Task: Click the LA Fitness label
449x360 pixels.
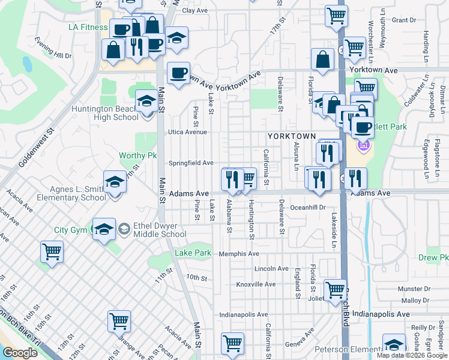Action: [x=87, y=27]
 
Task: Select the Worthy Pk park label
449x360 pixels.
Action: [x=137, y=155]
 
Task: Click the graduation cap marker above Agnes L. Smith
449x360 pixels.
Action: [x=115, y=182]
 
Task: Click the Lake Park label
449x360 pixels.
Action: [x=193, y=253]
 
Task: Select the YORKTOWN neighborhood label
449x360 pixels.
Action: [x=292, y=136]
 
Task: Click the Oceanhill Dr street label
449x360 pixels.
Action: [x=307, y=207]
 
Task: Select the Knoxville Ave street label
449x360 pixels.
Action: [x=255, y=284]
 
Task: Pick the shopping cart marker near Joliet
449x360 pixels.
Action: [x=335, y=290]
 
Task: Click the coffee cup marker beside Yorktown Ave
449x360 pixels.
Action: [x=178, y=73]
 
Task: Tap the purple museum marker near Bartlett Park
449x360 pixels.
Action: [x=363, y=145]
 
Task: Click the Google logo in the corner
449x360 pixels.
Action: [x=20, y=353]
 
